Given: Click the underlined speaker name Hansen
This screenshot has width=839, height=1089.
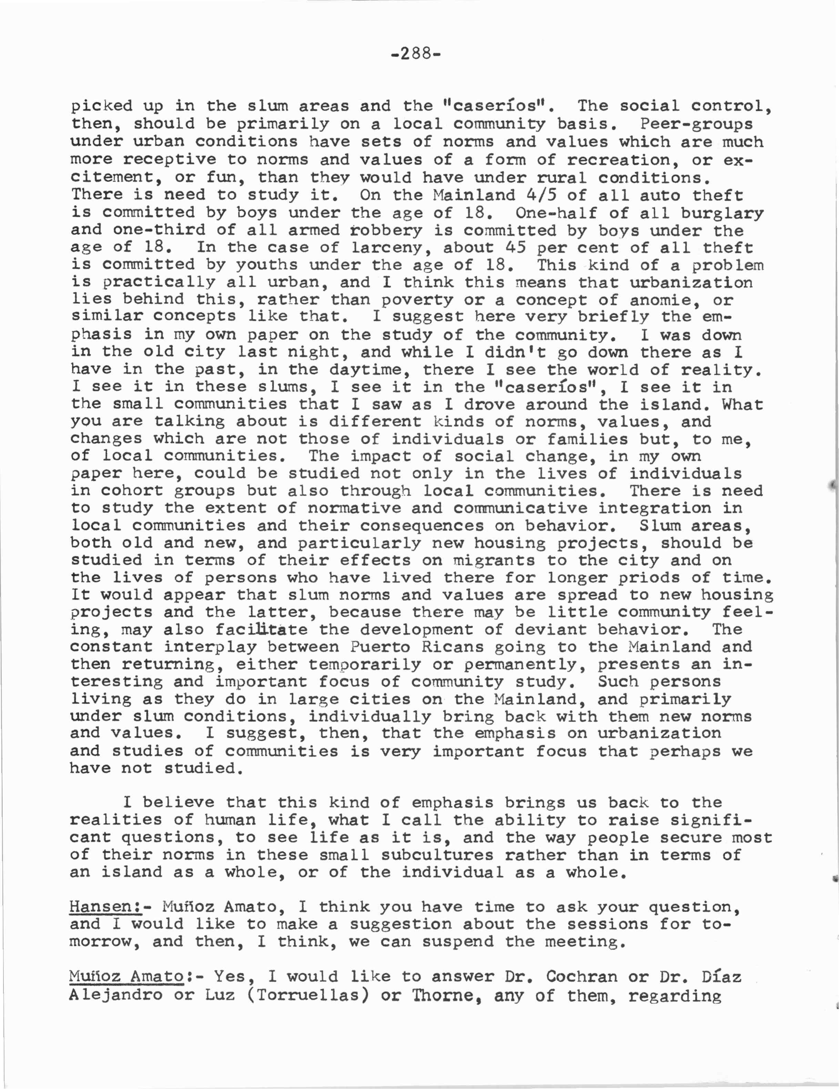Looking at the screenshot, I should click(104, 906).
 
